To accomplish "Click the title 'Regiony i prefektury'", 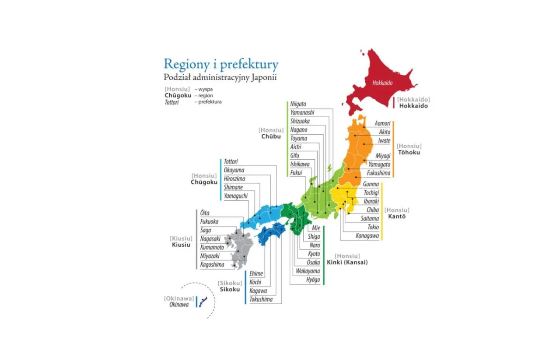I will click(221, 64).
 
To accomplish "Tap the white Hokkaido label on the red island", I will click(382, 82).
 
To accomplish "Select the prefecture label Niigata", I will click(298, 104).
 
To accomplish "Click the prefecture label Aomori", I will click(382, 124).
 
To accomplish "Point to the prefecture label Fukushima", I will click(378, 173).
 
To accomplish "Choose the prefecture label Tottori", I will click(231, 162).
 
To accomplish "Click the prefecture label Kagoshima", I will click(212, 265).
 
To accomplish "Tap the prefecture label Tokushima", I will click(261, 300).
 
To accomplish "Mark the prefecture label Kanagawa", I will click(367, 236).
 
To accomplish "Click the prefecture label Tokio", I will click(373, 227).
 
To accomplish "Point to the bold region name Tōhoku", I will click(409, 152).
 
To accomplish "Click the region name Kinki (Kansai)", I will click(347, 262).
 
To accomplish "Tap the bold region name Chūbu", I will click(271, 136).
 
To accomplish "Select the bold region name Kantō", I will click(397, 217).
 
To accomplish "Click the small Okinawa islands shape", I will click(203, 301).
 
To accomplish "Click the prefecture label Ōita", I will click(205, 213).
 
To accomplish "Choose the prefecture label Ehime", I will click(256, 274).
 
